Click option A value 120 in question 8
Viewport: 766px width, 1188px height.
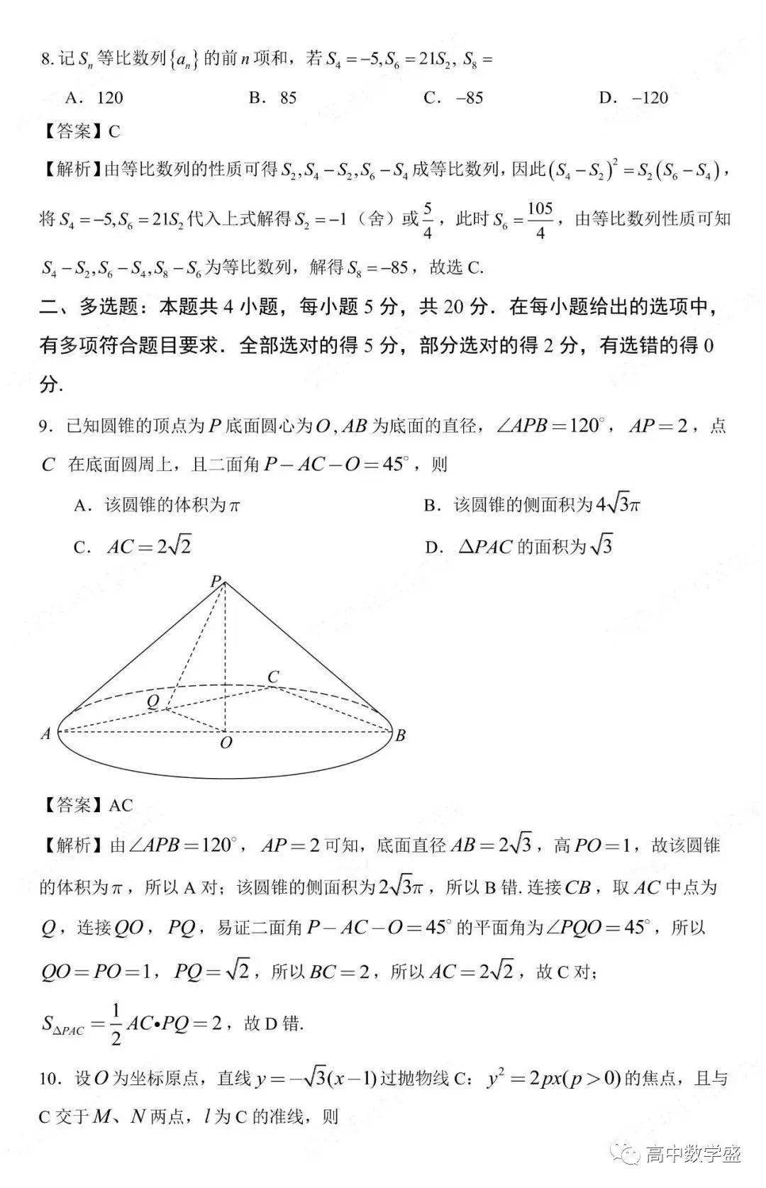pyautogui.click(x=110, y=97)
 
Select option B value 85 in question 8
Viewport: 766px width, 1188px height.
pyautogui.click(x=288, y=97)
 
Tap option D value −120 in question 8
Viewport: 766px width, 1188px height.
pyautogui.click(x=643, y=97)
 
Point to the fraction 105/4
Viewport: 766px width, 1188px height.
pyautogui.click(x=540, y=219)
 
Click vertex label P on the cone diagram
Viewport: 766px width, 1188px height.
pyautogui.click(x=215, y=582)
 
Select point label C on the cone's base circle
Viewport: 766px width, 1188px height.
pyautogui.click(x=273, y=676)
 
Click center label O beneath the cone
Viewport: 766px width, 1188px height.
pyautogui.click(x=226, y=743)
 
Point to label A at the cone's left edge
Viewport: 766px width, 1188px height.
pyautogui.click(x=46, y=734)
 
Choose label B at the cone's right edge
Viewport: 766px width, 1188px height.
pyautogui.click(x=400, y=735)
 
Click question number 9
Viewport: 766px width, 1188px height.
pyautogui.click(x=45, y=427)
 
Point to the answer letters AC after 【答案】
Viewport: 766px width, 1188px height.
pyautogui.click(x=121, y=805)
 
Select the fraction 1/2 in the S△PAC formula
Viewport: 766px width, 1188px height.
pyautogui.click(x=116, y=1023)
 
